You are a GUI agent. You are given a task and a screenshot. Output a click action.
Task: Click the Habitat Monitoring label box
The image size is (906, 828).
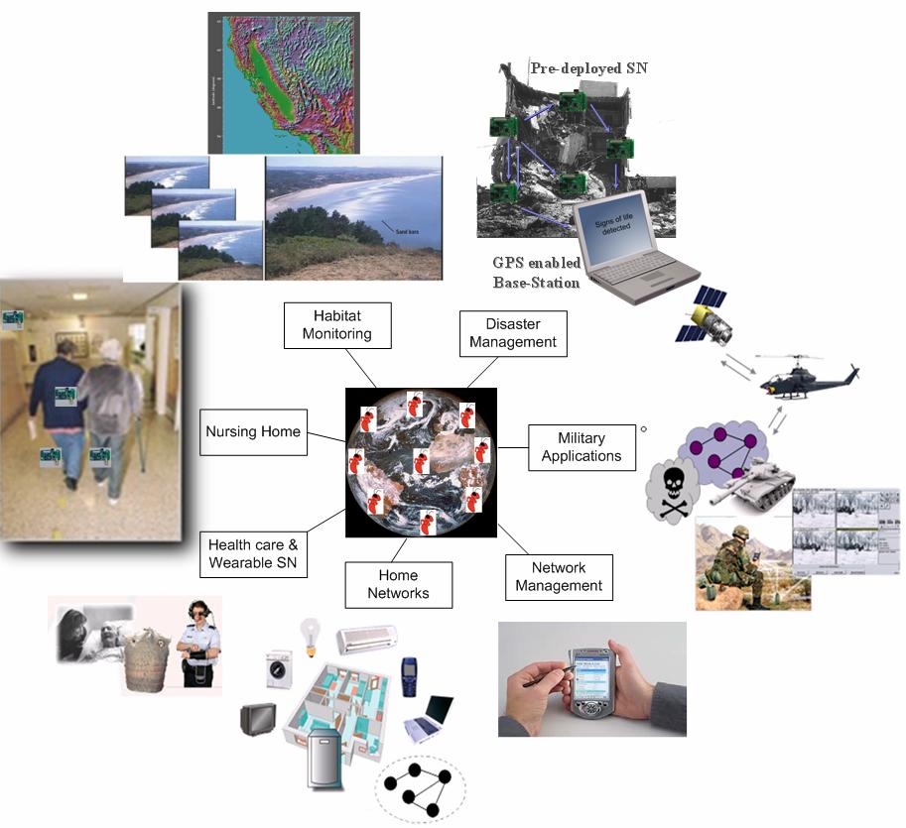pyautogui.click(x=338, y=324)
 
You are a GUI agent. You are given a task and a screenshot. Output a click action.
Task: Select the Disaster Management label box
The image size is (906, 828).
pyautogui.click(x=513, y=334)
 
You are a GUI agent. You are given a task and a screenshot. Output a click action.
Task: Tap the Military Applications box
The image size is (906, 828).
pyautogui.click(x=582, y=447)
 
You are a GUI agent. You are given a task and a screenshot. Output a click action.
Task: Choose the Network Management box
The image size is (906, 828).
pyautogui.click(x=559, y=577)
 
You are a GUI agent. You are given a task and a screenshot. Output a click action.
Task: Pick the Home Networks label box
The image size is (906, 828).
pyautogui.click(x=398, y=584)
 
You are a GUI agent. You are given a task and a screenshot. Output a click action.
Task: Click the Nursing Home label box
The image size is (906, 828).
pyautogui.click(x=253, y=432)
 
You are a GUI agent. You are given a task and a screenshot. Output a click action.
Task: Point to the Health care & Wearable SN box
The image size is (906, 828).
pyautogui.click(x=253, y=555)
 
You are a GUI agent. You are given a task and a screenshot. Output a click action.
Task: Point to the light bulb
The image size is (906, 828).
pyautogui.click(x=311, y=635)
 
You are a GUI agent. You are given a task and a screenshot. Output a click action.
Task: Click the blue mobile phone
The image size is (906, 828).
pyautogui.click(x=409, y=676)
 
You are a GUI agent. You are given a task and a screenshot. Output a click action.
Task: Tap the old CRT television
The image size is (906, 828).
pyautogui.click(x=258, y=719)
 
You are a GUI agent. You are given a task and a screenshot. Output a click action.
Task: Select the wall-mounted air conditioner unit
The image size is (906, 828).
pyautogui.click(x=367, y=640)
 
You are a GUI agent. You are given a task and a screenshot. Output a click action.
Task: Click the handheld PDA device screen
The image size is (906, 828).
pyautogui.click(x=588, y=681)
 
